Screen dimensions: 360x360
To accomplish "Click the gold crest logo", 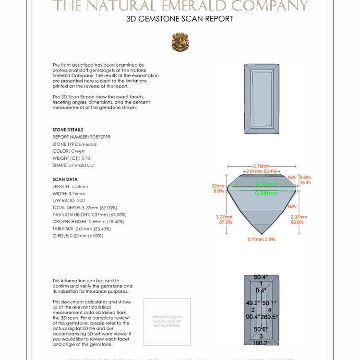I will click(x=180, y=42).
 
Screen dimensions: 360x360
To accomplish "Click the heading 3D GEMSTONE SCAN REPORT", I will click(x=180, y=19).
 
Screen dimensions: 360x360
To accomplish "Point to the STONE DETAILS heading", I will click(x=68, y=130).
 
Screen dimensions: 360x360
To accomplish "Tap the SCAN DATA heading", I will click(x=65, y=180).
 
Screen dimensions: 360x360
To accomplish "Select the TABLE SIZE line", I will click(x=78, y=229).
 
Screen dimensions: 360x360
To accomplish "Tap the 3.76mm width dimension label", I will click(x=262, y=167).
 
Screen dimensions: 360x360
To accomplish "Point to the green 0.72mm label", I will click(x=266, y=184).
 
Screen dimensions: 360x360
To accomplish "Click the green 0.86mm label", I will click(x=266, y=193).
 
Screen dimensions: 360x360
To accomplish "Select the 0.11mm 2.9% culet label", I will click(x=262, y=239).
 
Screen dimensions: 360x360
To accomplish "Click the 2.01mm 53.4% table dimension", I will click(x=262, y=171).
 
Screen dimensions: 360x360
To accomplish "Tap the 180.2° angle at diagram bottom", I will click(x=262, y=343).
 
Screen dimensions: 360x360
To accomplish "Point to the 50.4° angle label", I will click(x=261, y=277).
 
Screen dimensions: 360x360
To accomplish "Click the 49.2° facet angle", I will click(x=252, y=303).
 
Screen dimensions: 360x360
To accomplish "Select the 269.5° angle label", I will click(x=269, y=317).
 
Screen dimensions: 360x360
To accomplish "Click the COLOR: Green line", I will click(x=68, y=151).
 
